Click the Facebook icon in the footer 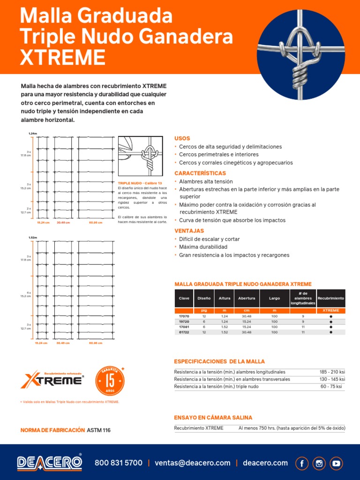[302, 463]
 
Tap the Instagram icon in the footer [319, 463]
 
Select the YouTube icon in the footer [336, 463]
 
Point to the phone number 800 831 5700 [119, 463]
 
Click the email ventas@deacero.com [193, 463]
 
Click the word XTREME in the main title [63, 57]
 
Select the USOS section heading [182, 139]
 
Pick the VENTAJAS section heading [189, 231]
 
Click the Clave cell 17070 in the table [184, 316]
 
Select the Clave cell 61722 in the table [184, 332]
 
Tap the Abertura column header [247, 298]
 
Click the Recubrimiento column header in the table [331, 298]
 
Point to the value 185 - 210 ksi [332, 372]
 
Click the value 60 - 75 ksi [332, 387]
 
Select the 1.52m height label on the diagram [33, 238]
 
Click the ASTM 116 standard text [99, 430]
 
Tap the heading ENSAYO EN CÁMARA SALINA [213, 417]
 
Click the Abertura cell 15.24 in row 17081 [247, 327]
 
